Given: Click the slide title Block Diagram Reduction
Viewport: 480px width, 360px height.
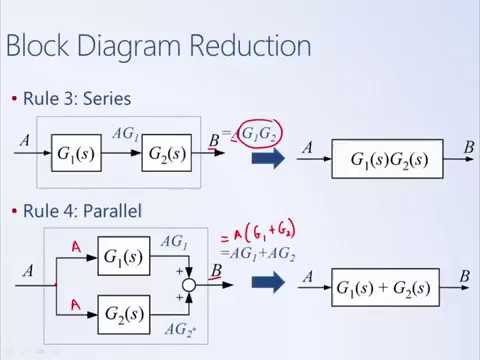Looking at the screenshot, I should [158, 46].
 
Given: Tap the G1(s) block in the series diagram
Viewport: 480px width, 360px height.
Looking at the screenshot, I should [78, 155].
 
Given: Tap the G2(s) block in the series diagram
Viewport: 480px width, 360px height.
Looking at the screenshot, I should [167, 155].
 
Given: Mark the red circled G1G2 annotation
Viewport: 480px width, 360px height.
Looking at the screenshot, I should [257, 133].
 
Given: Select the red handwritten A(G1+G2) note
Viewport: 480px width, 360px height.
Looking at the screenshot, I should [263, 237].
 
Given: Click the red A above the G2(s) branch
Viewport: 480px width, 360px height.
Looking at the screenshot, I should [73, 303].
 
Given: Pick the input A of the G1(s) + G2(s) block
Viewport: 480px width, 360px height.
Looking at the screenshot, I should [308, 277].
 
